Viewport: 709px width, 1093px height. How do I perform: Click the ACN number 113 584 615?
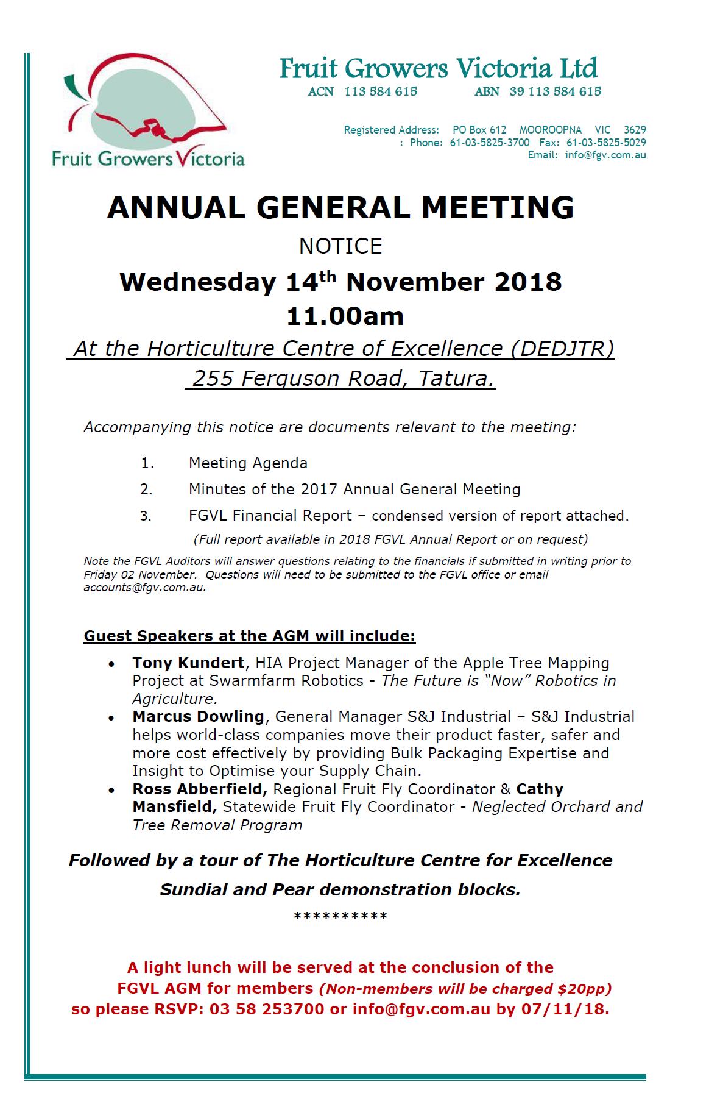pyautogui.click(x=380, y=92)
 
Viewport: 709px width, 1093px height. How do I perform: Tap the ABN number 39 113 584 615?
pyautogui.click(x=555, y=92)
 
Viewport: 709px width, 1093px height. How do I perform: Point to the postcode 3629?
pyautogui.click(x=635, y=130)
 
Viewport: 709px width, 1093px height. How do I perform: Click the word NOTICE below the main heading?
pyautogui.click(x=340, y=246)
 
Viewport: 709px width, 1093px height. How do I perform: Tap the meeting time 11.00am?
pyautogui.click(x=345, y=316)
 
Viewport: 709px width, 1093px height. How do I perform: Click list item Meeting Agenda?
pyautogui.click(x=248, y=463)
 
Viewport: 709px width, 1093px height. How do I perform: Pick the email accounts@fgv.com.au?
pyautogui.click(x=144, y=588)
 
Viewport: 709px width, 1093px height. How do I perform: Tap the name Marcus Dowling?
pyautogui.click(x=199, y=717)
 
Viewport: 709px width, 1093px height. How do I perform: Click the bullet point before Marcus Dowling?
pyautogui.click(x=111, y=718)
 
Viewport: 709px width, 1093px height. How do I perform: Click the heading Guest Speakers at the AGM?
pyautogui.click(x=250, y=636)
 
